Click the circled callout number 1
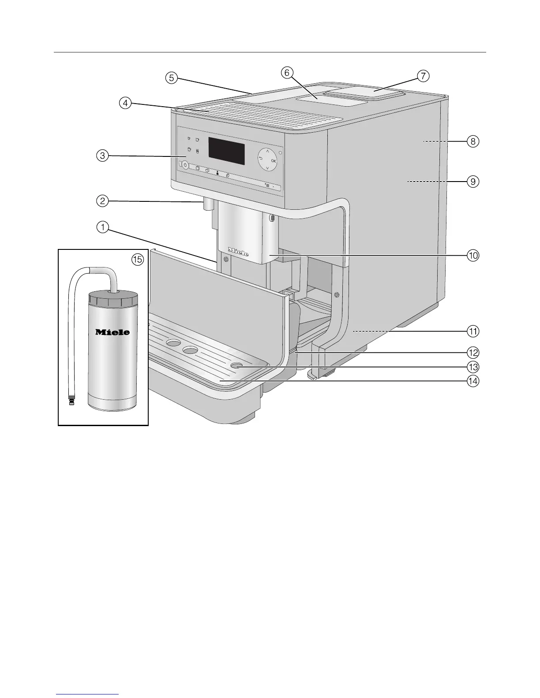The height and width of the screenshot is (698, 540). (102, 227)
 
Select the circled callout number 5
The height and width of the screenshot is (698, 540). (171, 78)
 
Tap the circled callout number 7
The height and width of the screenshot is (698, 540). (422, 76)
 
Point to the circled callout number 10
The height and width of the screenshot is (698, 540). (473, 255)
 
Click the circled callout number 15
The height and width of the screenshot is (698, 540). (138, 260)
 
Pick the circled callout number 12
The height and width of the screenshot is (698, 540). (473, 353)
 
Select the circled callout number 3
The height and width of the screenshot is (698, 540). (102, 156)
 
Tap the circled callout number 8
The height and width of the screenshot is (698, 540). (472, 141)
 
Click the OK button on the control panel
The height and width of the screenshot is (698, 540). (274, 161)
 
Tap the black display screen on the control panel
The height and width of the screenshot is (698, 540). (226, 150)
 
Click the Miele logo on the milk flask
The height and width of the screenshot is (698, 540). (113, 332)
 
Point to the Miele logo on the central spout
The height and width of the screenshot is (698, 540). (238, 252)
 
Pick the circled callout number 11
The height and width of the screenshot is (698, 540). (473, 330)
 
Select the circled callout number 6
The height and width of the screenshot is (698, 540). (286, 73)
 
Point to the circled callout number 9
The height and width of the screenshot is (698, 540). (472, 181)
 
